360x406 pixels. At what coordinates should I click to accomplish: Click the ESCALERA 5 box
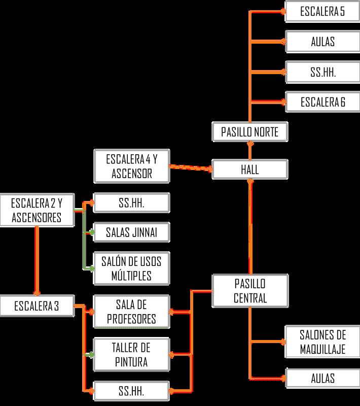tap(322, 11)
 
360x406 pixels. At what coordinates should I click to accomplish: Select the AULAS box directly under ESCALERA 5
tap(322, 41)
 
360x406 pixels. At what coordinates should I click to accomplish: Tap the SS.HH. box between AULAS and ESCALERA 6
tap(322, 72)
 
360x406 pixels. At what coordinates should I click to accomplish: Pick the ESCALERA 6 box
tap(322, 101)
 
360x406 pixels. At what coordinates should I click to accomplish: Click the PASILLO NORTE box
tap(250, 132)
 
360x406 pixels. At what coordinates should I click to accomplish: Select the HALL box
tap(250, 169)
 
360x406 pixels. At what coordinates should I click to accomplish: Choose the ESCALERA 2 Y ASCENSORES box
tap(37, 211)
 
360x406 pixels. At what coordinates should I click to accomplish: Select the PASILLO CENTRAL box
tap(250, 291)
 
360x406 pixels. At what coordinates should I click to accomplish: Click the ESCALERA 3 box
tap(37, 306)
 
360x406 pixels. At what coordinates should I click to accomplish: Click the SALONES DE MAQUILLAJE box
tap(322, 342)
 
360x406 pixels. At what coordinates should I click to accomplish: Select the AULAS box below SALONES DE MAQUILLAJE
tap(322, 378)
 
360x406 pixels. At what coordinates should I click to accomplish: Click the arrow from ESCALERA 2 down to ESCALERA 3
tap(37, 259)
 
